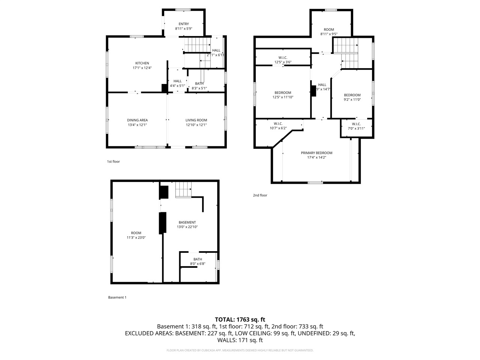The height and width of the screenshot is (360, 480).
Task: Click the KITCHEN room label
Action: [x=142, y=63]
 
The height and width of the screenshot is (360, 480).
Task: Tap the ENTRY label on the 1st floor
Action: [x=183, y=24]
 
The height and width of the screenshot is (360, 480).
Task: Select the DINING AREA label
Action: [x=137, y=120]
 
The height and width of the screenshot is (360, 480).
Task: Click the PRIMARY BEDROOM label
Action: [x=316, y=153]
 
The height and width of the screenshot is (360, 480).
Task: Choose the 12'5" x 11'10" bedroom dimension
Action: [x=283, y=97]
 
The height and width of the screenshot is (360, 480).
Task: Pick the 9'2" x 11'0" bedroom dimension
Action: [x=352, y=100]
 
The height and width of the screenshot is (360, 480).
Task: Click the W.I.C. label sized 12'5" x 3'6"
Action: [x=283, y=57]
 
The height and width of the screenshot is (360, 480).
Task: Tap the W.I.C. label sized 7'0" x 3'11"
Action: [x=356, y=124]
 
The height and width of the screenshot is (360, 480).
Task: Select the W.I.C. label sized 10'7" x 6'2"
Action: [x=278, y=123]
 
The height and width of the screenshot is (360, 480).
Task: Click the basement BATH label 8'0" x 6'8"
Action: [x=198, y=259]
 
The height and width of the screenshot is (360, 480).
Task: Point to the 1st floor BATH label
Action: [x=199, y=83]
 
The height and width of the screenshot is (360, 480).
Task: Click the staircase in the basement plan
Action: [x=183, y=190]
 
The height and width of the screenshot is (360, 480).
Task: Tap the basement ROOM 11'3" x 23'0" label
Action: [x=136, y=233]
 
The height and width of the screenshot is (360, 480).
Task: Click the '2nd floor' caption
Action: [x=260, y=195]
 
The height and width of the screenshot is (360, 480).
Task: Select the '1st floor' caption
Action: [x=113, y=161]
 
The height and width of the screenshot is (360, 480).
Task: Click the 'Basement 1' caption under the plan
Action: [x=117, y=297]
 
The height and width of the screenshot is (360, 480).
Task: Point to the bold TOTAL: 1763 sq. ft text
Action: [x=240, y=319]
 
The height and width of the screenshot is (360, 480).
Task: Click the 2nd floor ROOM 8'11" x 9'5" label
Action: [x=329, y=30]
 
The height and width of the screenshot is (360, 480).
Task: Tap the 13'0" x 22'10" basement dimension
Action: [x=187, y=227]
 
